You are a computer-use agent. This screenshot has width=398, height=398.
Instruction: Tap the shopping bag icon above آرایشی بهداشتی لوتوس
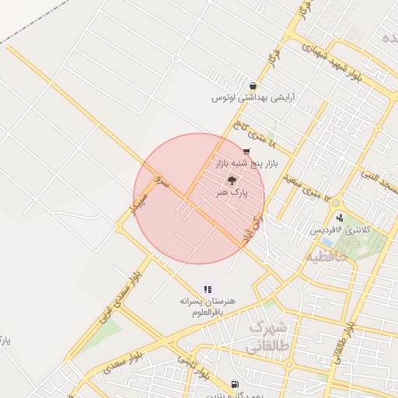coord(252,86)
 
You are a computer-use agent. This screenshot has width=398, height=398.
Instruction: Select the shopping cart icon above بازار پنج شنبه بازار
coord(246,151)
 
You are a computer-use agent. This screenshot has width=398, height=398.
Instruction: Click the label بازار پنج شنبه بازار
coord(246,164)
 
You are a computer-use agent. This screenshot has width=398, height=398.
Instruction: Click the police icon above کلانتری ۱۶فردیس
coord(340,218)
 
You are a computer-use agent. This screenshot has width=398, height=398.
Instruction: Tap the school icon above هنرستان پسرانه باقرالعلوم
coord(208,289)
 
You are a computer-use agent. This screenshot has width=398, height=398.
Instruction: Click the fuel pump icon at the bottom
coord(236,384)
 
